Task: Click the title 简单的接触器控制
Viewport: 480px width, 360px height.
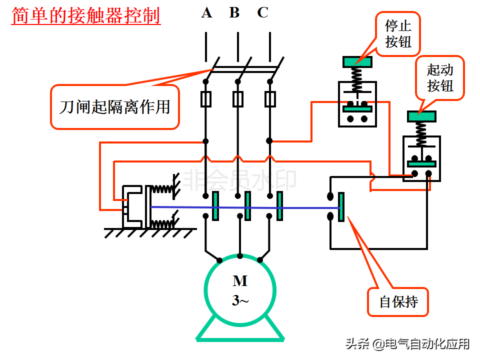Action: click(x=86, y=15)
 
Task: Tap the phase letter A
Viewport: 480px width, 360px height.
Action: click(x=206, y=13)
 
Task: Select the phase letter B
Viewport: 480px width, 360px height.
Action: click(x=234, y=13)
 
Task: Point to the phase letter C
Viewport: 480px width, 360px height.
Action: click(x=263, y=13)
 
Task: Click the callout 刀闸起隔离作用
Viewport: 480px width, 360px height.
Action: click(x=114, y=107)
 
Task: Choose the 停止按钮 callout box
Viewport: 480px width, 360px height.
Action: click(x=398, y=34)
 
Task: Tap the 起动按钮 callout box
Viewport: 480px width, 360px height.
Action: click(x=440, y=77)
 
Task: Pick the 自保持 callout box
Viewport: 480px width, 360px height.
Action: click(x=398, y=302)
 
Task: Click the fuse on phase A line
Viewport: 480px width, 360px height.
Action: click(x=205, y=99)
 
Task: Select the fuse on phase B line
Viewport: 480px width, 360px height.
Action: click(x=238, y=99)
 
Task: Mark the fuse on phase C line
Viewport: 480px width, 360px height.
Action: click(x=270, y=99)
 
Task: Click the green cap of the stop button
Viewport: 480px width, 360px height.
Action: click(x=357, y=62)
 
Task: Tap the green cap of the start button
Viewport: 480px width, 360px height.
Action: click(x=421, y=116)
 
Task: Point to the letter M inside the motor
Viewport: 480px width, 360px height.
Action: click(x=240, y=281)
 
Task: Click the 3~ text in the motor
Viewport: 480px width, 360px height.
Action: click(x=240, y=300)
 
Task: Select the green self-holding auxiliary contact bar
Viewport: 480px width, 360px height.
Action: click(x=341, y=207)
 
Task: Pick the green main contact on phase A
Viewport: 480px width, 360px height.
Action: click(x=215, y=206)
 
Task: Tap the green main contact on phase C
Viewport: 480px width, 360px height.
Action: click(x=280, y=206)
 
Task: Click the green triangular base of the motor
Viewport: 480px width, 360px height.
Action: click(x=240, y=334)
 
